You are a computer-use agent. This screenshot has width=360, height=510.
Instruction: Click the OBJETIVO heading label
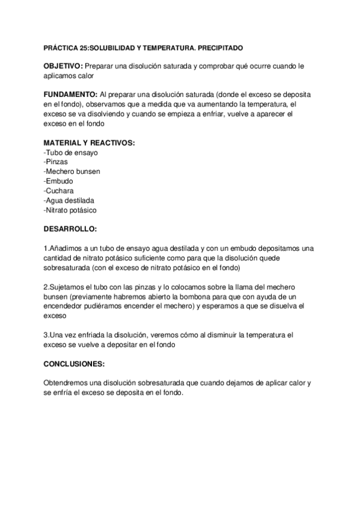point(64,66)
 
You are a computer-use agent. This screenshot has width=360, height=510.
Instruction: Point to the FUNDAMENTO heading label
point(70,94)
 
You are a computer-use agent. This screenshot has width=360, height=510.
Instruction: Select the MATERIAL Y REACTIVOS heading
point(90,143)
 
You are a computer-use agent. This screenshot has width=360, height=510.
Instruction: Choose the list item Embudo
point(59,181)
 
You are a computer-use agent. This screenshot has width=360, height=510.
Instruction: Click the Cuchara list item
point(60,191)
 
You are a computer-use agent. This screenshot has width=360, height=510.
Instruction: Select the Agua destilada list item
point(70,200)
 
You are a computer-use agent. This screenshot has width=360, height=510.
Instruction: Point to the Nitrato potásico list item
point(70,210)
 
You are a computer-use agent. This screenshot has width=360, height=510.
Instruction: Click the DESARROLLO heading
point(70,230)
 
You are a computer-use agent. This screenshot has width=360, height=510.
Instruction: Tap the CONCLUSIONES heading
point(75,364)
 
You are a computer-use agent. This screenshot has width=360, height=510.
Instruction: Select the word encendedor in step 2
point(65,306)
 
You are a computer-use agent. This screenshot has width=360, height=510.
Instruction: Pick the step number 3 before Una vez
point(46,335)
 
